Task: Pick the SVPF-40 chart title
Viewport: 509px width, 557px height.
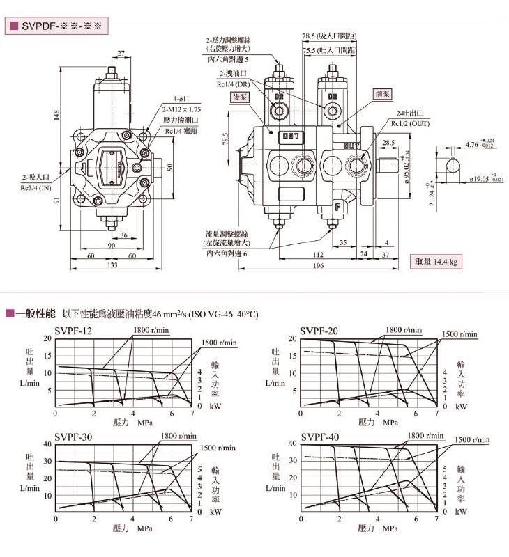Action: pyautogui.click(x=320, y=437)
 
